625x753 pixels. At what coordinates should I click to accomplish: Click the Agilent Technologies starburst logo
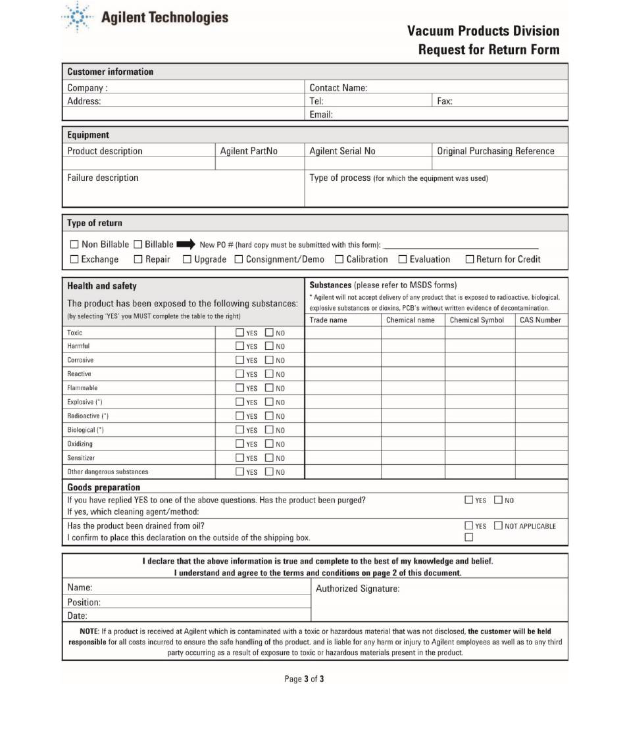click(x=78, y=17)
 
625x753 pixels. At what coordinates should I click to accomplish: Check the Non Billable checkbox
click(x=74, y=245)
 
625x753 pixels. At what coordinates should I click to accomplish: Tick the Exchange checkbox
click(x=74, y=260)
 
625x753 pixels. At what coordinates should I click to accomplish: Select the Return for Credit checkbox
click(x=470, y=260)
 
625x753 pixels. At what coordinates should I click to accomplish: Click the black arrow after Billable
click(x=186, y=245)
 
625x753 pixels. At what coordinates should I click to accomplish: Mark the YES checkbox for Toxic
click(x=240, y=333)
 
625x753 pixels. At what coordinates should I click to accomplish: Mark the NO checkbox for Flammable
click(x=269, y=388)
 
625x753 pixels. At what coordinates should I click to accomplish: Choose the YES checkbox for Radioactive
click(x=240, y=416)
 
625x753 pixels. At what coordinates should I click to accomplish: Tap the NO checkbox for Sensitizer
click(x=269, y=458)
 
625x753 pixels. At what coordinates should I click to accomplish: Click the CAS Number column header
click(x=540, y=320)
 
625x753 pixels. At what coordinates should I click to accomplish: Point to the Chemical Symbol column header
click(x=477, y=320)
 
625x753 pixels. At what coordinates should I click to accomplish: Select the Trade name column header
click(x=328, y=320)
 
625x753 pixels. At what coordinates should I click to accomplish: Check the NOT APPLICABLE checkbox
click(x=498, y=525)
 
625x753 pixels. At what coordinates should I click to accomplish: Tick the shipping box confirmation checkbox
click(x=469, y=537)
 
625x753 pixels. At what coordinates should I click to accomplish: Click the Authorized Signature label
click(x=357, y=589)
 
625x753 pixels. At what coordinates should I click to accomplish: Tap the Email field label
click(x=321, y=114)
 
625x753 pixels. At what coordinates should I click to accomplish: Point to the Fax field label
click(x=445, y=101)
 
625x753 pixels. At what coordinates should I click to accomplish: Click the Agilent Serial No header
click(x=342, y=151)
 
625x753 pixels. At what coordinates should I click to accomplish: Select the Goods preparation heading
click(x=103, y=487)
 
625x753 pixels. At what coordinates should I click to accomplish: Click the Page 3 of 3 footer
click(x=304, y=679)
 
